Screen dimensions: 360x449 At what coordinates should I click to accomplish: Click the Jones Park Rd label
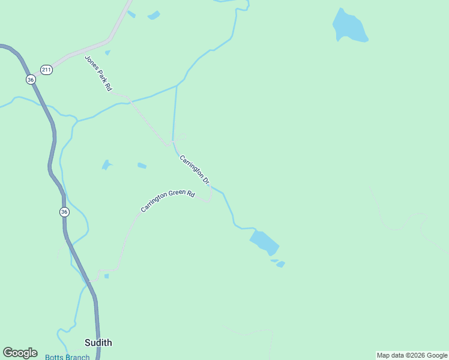(x=98, y=73)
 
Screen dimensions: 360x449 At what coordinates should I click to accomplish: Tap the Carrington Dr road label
(x=194, y=169)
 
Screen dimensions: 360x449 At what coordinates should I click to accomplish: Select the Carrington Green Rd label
(x=168, y=201)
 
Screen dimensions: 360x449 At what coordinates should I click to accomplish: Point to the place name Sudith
(x=98, y=343)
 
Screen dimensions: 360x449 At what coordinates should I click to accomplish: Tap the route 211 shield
(x=47, y=70)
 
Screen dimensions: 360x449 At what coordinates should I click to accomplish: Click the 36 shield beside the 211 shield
(x=31, y=79)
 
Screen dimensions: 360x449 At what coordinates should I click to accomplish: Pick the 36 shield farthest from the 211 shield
(x=64, y=212)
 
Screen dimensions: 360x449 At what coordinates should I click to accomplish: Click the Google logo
(x=20, y=353)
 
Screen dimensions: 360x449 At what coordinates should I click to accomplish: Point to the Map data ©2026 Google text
(x=412, y=355)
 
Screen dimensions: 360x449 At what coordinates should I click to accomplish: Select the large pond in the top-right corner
(x=349, y=27)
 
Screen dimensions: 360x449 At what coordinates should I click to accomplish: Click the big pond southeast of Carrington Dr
(x=264, y=242)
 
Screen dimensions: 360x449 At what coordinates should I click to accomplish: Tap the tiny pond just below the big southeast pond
(x=280, y=263)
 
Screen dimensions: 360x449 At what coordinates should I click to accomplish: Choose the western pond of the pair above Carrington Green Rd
(x=106, y=164)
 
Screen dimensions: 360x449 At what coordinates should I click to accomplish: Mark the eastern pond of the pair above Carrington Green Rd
(x=142, y=166)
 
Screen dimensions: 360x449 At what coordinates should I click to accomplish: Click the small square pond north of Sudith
(x=106, y=276)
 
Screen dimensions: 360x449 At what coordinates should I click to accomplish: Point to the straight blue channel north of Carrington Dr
(x=175, y=114)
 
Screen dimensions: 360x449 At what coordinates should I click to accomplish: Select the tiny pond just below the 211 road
(x=107, y=53)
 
